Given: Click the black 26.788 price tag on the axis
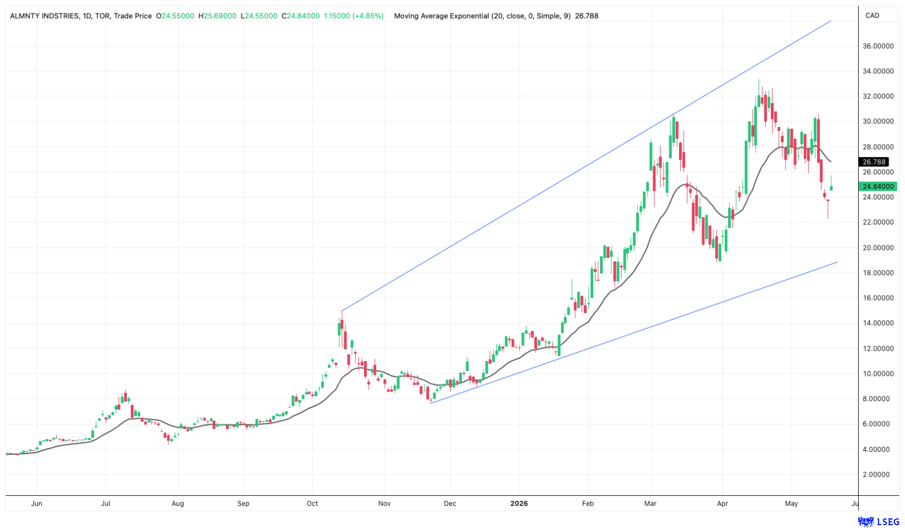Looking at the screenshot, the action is (873, 162).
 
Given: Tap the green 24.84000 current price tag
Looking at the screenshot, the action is (877, 186).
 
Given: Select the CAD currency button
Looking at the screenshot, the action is (872, 15).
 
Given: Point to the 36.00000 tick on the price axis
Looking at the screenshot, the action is (878, 46).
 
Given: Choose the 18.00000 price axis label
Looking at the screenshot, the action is (878, 273).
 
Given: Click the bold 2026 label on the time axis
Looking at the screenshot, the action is (519, 503).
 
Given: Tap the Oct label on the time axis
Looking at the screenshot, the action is (312, 503).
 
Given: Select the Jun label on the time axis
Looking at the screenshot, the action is (37, 503).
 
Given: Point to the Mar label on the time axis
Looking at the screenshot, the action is (650, 503).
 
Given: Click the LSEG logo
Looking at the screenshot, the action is (879, 522).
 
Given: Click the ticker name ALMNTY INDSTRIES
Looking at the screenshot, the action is (45, 16).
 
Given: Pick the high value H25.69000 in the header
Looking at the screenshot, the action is (218, 16).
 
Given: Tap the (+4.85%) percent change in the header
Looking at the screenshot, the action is (367, 16).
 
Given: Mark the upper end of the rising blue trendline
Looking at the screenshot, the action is (831, 20).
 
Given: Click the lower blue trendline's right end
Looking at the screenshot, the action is (837, 262).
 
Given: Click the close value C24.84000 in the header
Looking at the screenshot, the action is (300, 16).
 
